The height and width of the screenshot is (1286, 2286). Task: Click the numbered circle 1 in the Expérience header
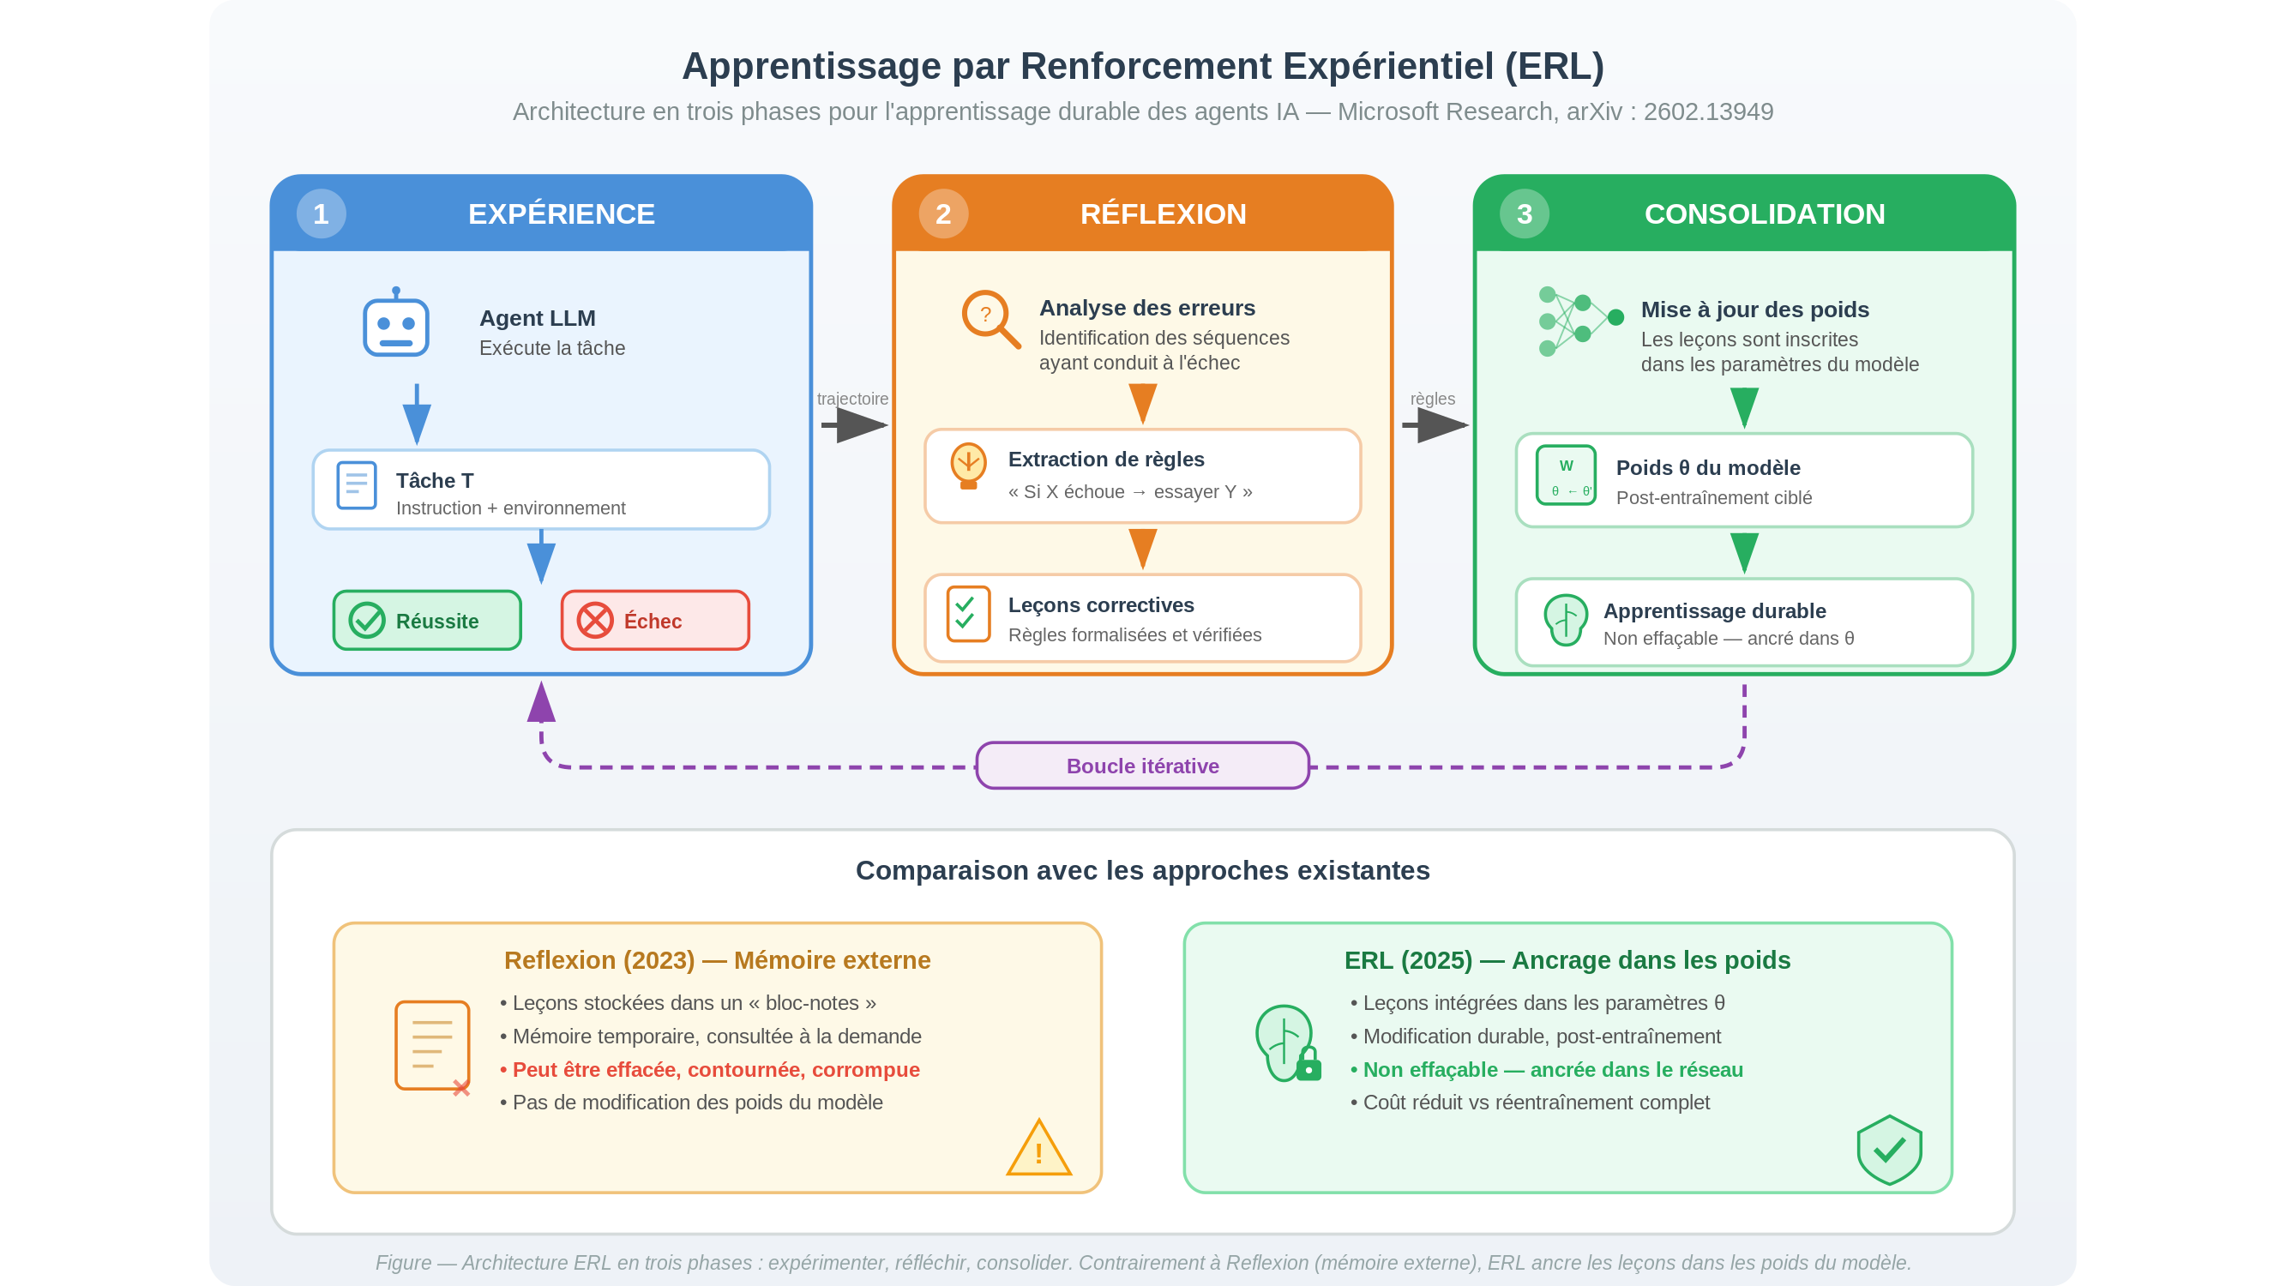(321, 213)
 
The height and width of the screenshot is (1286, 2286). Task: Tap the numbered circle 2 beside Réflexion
(942, 213)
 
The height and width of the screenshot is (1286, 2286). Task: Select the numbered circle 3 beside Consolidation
(1524, 213)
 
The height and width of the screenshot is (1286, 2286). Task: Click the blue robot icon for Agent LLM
(396, 324)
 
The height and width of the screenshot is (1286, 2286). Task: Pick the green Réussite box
(427, 621)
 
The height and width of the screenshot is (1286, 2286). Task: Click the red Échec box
(655, 621)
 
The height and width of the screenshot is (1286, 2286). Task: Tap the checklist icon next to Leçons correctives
(968, 613)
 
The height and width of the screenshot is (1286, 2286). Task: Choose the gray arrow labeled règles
(1435, 425)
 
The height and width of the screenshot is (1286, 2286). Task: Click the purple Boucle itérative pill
(1142, 766)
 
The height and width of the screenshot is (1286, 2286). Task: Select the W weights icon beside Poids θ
(1566, 476)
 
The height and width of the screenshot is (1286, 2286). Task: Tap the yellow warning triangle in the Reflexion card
(1038, 1151)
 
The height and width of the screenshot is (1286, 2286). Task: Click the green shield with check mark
(1888, 1150)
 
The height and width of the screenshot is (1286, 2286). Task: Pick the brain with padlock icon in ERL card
(1288, 1043)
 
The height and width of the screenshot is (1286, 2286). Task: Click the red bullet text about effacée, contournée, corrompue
(715, 1069)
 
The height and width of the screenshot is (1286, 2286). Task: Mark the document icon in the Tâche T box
(357, 485)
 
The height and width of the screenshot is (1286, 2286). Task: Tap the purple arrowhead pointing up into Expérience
(541, 703)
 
